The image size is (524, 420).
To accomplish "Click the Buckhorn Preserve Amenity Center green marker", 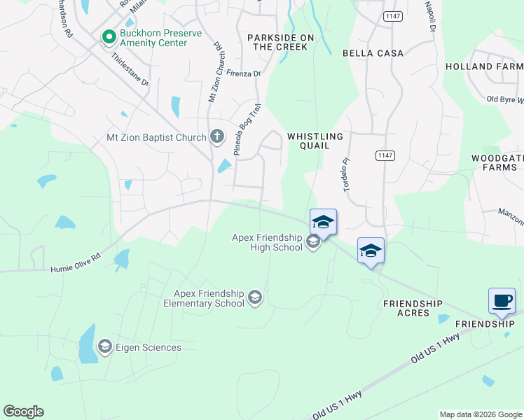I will tap(109, 36).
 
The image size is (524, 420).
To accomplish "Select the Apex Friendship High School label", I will tap(267, 242).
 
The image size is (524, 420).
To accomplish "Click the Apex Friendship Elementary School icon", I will tap(255, 297).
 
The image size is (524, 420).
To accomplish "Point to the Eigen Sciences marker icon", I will tap(104, 346).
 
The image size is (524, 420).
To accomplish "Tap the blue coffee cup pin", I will tap(502, 301).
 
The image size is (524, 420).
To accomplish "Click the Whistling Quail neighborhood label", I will tap(315, 141).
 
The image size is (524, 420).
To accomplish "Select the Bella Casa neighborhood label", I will tap(373, 53).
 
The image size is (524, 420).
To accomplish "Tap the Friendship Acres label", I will tap(413, 308).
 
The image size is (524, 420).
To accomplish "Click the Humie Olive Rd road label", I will tap(75, 262).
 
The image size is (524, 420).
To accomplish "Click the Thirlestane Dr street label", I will tap(130, 69).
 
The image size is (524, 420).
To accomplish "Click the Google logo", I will tap(24, 412).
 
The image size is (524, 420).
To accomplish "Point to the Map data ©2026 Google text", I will tap(480, 414).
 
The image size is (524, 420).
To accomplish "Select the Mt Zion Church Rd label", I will tap(216, 73).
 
